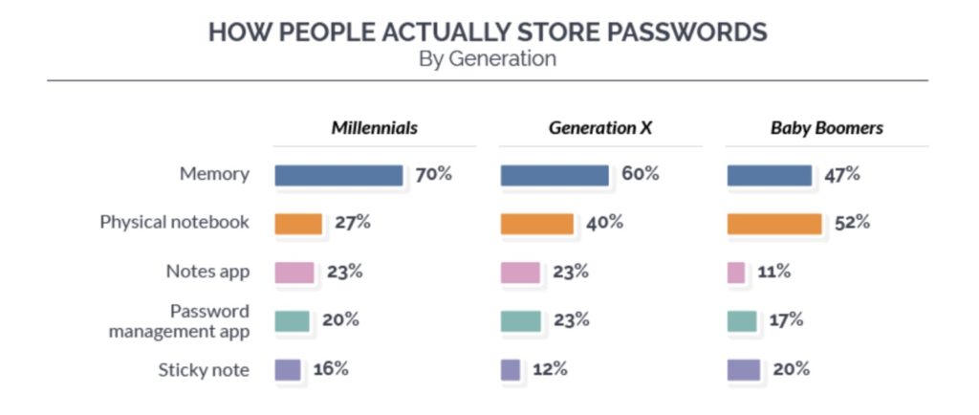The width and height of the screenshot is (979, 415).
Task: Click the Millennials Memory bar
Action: click(338, 175)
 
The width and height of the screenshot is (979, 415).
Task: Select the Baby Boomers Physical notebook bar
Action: click(773, 223)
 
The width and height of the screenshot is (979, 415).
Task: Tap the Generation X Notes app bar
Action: click(520, 272)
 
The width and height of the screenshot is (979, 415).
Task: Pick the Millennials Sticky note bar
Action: click(288, 369)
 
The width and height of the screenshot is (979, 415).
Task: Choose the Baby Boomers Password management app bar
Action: click(742, 320)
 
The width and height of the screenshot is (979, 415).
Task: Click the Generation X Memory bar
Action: click(555, 175)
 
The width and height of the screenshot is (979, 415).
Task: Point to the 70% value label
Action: click(433, 175)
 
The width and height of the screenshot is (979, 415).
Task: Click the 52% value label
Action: click(851, 223)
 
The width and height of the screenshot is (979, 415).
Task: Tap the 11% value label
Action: click(772, 272)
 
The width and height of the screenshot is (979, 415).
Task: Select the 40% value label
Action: click(604, 223)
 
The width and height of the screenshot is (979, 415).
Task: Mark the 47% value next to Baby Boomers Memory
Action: click(842, 175)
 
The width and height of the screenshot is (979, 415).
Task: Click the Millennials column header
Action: click(374, 128)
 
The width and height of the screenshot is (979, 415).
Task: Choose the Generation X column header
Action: click(599, 128)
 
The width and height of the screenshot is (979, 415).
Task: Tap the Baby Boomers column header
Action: click(826, 128)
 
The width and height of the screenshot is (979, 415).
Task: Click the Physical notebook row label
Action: click(175, 223)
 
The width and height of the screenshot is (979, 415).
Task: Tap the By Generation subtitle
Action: click(488, 58)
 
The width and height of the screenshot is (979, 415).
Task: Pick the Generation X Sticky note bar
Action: click(511, 369)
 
